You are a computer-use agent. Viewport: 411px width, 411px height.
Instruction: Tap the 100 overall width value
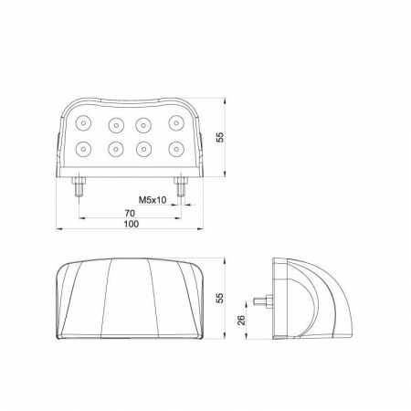click(x=132, y=224)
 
